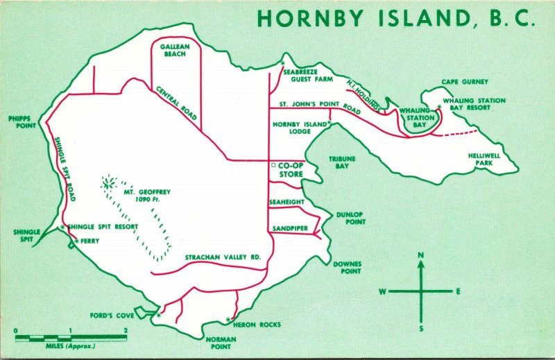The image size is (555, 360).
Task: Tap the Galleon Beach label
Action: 174,50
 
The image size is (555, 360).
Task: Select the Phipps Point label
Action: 22,122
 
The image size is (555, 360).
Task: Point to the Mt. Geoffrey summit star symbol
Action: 109,184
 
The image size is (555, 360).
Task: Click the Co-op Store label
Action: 290,170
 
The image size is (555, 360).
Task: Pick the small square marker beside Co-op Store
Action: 273,166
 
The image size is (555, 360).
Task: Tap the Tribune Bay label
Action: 342,162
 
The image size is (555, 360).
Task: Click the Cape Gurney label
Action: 465,82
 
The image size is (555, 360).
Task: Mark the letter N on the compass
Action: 420,256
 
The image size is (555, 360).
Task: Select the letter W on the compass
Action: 382,291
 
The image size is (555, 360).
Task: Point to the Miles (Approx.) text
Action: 70,345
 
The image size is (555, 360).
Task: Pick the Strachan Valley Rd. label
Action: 223,257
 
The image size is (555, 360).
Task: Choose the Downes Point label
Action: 348,268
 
